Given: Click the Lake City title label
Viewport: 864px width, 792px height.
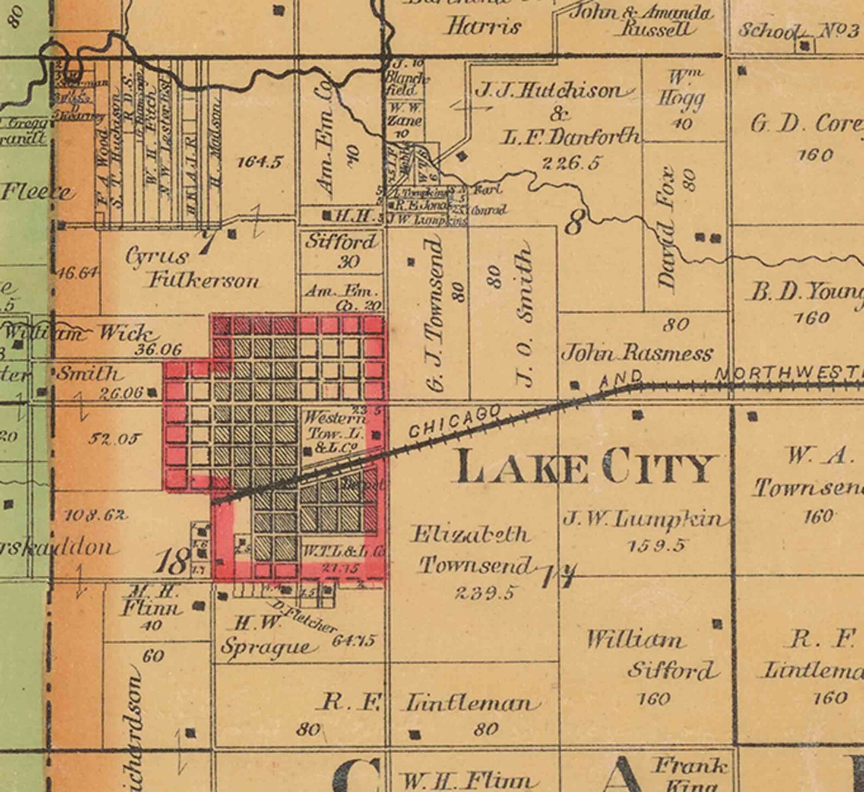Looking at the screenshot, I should point(585,467).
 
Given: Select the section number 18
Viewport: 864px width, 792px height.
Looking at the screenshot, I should point(172,561).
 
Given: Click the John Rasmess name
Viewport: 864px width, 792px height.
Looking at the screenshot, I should point(637,354).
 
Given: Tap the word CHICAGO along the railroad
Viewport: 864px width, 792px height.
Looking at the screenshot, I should point(455,421).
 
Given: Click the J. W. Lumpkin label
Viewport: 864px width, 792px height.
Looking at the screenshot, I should point(644,519).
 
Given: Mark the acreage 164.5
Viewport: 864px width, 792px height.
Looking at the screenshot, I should point(261,162).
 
